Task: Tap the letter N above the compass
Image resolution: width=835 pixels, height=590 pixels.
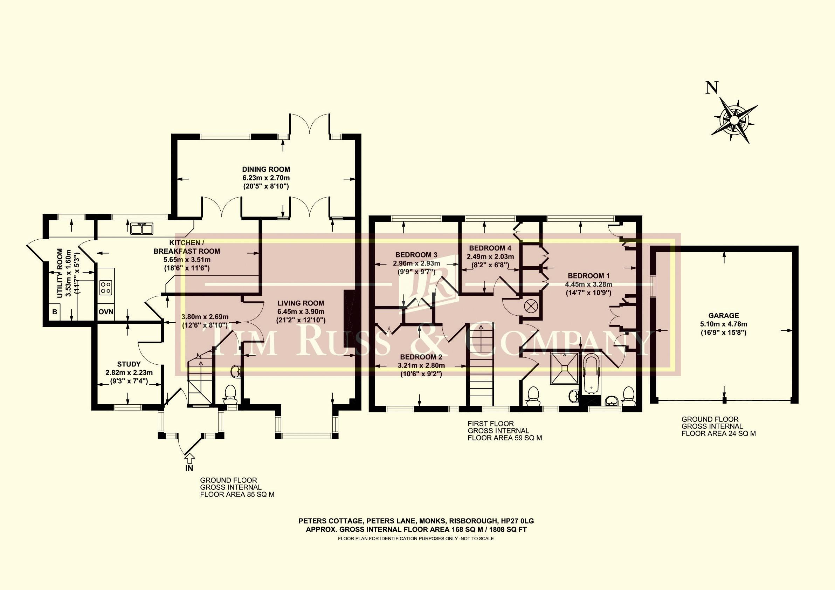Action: (712, 88)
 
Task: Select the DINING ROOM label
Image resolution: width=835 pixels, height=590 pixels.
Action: (266, 169)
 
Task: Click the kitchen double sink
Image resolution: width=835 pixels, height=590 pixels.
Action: (142, 228)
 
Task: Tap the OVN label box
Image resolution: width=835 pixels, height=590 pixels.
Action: (106, 312)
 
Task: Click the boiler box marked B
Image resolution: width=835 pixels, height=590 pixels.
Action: (55, 312)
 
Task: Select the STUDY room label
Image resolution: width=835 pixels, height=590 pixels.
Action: (129, 364)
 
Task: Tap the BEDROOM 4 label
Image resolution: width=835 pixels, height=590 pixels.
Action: (490, 248)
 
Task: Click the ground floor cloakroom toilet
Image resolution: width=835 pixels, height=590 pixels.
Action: (229, 394)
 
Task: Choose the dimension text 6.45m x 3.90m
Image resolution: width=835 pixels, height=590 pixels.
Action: (301, 312)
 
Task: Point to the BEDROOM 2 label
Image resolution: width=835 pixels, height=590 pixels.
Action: (421, 357)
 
